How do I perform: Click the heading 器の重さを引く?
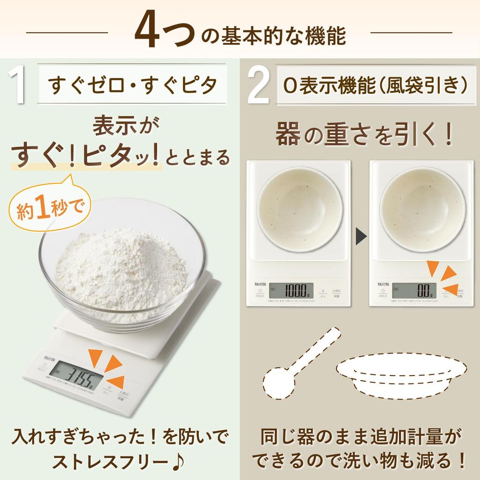(x=363, y=135)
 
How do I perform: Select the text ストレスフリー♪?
(x=119, y=462)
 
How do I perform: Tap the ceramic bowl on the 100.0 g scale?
(x=300, y=208)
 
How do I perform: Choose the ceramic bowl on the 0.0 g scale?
(x=422, y=208)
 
